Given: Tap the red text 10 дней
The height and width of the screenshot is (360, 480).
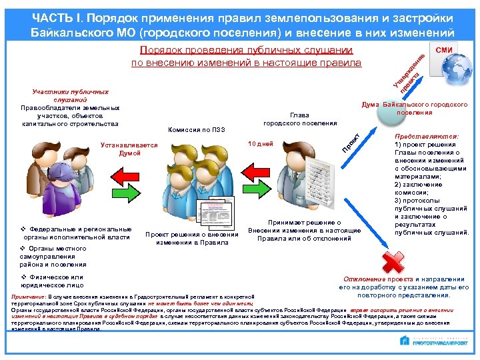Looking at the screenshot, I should pos(260,143).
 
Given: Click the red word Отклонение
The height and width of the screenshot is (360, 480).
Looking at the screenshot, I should pos(365,278).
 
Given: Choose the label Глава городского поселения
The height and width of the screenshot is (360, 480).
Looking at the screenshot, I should pos(300,118).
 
